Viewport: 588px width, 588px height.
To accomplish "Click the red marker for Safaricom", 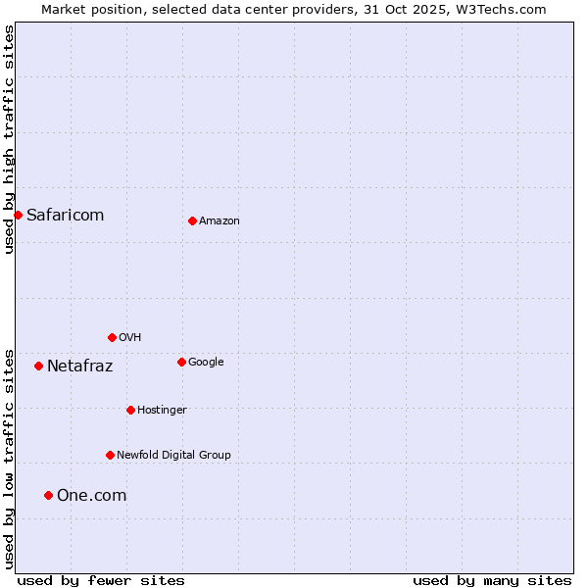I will pyautogui.click(x=18, y=215).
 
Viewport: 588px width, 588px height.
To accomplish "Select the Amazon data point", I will pyautogui.click(x=192, y=220).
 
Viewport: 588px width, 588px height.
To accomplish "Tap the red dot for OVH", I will pyautogui.click(x=112, y=337).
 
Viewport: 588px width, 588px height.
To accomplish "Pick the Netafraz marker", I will pyautogui.click(x=38, y=366).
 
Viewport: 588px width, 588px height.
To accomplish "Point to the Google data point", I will pyautogui.click(x=181, y=362).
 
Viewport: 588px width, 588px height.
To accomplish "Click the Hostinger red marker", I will pyautogui.click(x=130, y=410).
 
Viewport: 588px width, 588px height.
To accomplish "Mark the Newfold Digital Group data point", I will pyautogui.click(x=110, y=455).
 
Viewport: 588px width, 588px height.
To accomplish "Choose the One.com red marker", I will pyautogui.click(x=48, y=495).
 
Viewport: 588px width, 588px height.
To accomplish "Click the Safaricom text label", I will pyautogui.click(x=65, y=216).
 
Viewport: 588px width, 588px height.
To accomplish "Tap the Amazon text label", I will pyautogui.click(x=220, y=221).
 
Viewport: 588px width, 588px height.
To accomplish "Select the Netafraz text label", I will pyautogui.click(x=79, y=367).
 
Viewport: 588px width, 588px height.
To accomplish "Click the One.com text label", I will pyautogui.click(x=91, y=496).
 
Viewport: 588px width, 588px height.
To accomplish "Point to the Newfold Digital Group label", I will pyautogui.click(x=173, y=455).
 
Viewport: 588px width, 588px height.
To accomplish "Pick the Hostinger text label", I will pyautogui.click(x=162, y=410).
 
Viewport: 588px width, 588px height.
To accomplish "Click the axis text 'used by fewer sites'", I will pyautogui.click(x=101, y=580).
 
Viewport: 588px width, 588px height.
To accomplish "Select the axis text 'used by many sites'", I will pyautogui.click(x=492, y=580).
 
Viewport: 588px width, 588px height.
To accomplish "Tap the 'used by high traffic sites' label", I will pyautogui.click(x=9, y=139).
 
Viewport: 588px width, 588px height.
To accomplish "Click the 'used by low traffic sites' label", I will pyautogui.click(x=9, y=459).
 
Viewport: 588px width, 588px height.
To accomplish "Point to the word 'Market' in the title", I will pyautogui.click(x=64, y=9).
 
